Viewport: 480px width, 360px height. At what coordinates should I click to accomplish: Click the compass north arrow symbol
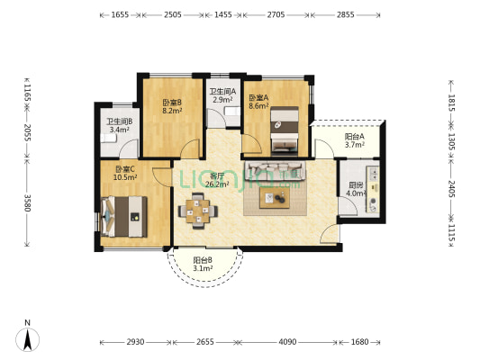(28, 339)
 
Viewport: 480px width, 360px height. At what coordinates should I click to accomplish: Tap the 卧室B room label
(172, 103)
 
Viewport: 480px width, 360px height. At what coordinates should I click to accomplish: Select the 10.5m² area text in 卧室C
(125, 177)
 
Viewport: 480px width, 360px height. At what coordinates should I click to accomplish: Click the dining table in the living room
(198, 211)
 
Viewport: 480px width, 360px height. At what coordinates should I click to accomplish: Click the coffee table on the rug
(275, 198)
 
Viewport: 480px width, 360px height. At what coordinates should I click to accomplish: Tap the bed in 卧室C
(124, 217)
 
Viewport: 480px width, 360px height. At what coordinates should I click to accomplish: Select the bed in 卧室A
(285, 130)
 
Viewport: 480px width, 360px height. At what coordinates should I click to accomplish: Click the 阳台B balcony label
(203, 260)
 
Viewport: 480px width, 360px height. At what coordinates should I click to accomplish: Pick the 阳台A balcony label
(355, 137)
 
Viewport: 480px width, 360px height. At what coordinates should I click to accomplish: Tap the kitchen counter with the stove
(373, 189)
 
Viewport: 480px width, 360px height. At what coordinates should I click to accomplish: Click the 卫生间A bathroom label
(222, 92)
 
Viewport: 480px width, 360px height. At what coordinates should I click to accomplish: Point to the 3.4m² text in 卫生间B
(120, 130)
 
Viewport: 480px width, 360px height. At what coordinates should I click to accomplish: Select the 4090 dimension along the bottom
(287, 342)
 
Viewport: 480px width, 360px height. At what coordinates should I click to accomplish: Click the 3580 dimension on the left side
(27, 202)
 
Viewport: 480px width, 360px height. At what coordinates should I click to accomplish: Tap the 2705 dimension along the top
(276, 14)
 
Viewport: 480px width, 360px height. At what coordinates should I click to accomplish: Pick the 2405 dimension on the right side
(451, 189)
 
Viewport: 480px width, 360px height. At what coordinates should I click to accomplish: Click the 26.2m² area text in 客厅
(217, 184)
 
